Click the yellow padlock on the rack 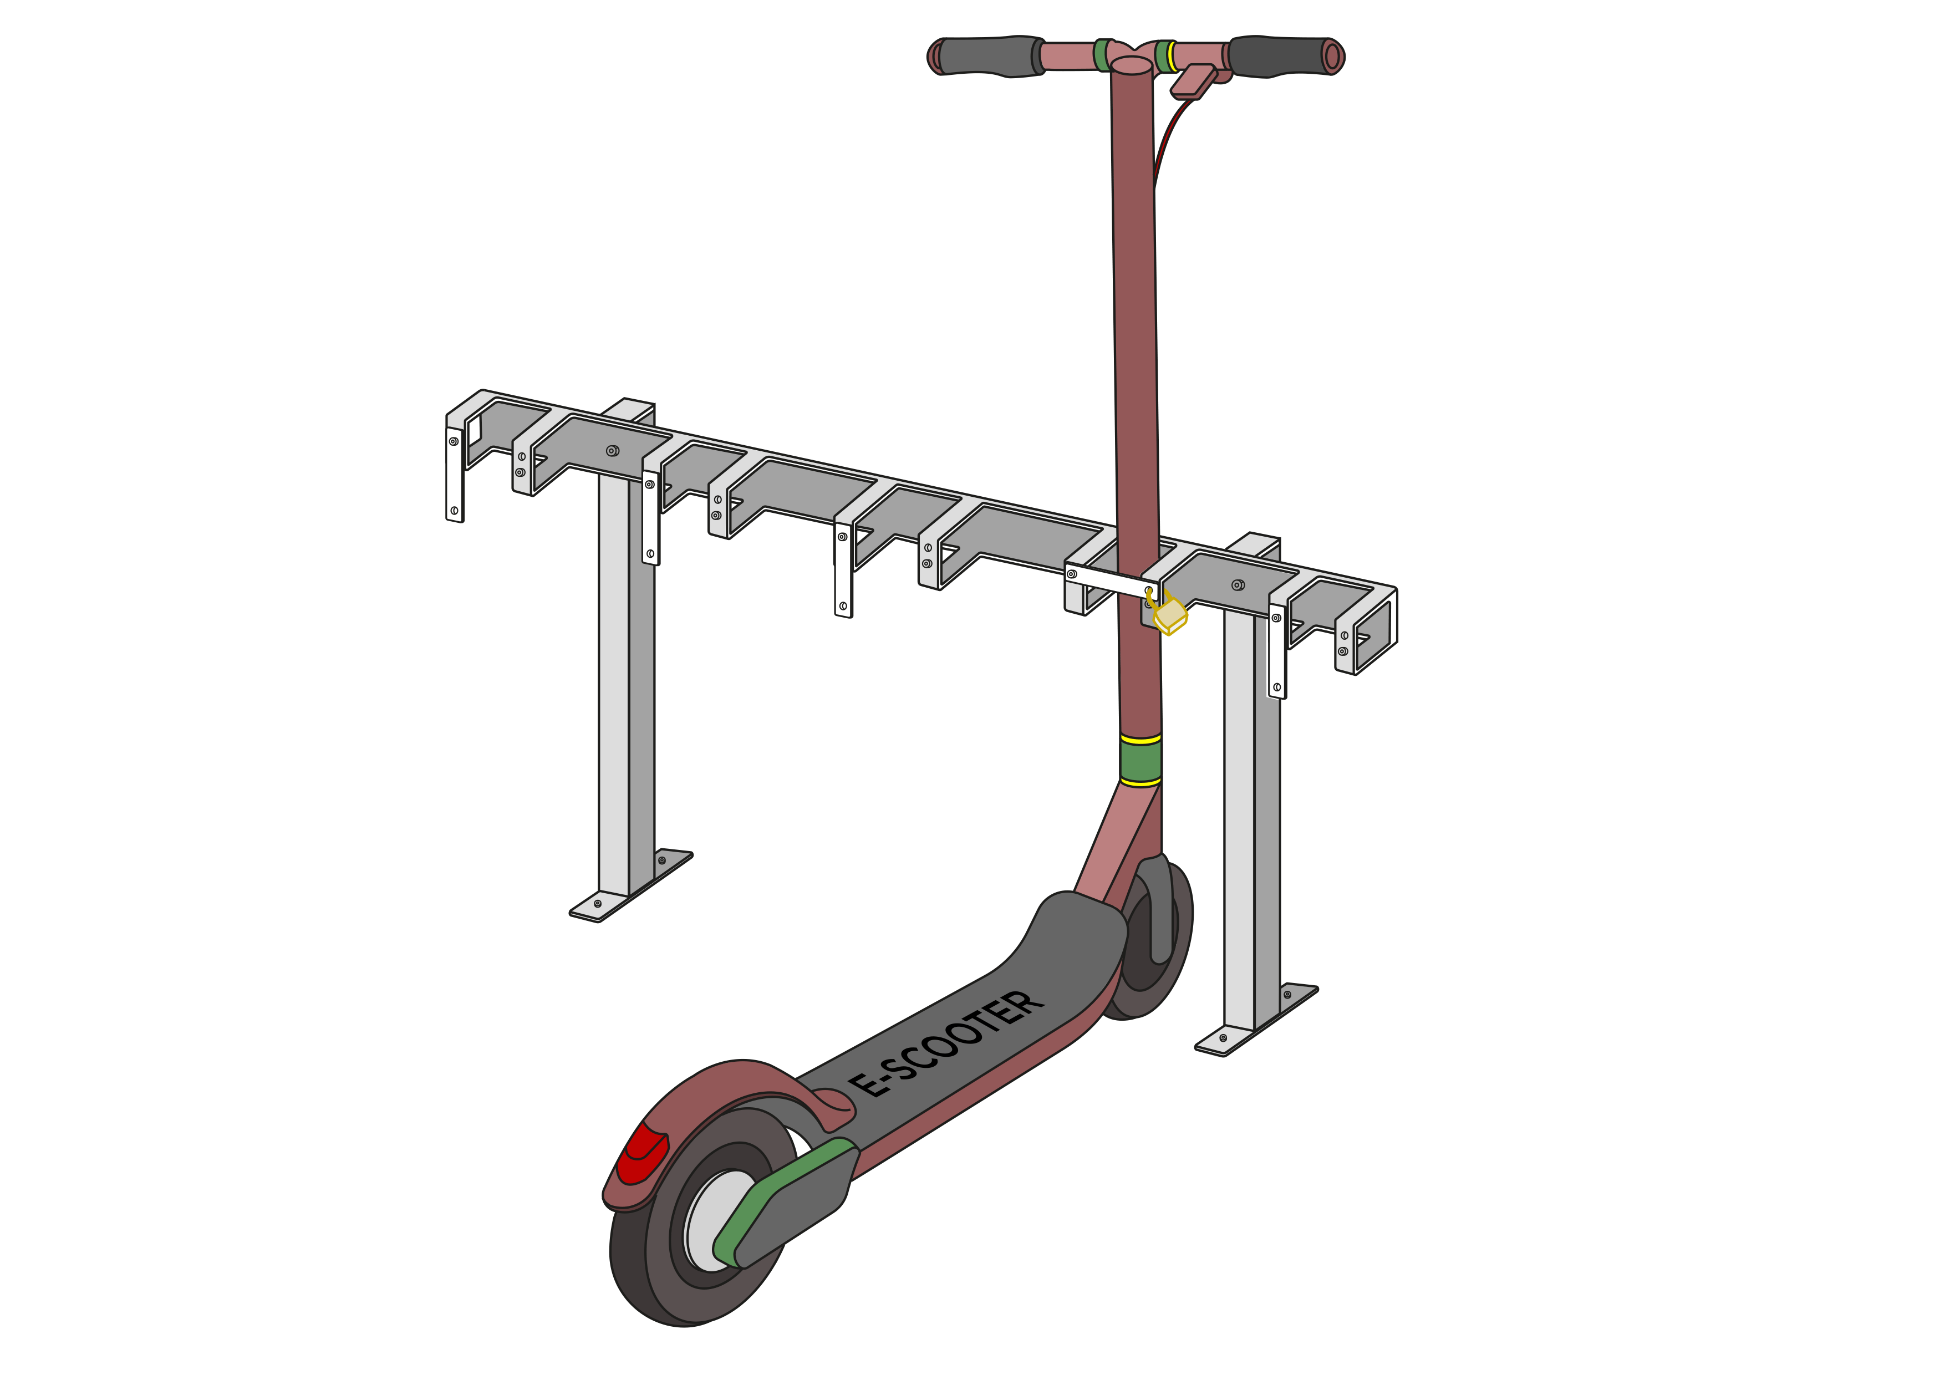[x=1170, y=615]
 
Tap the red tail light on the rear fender [x=640, y=1154]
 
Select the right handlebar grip [x=1279, y=56]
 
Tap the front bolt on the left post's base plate [x=598, y=904]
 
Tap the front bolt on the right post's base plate [x=1223, y=1038]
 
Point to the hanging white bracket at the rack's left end [x=454, y=475]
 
